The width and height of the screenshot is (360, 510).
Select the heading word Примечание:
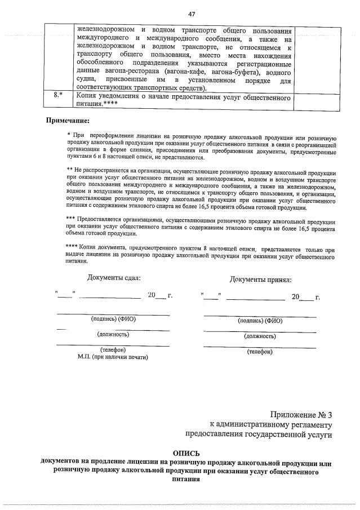coord(67,121)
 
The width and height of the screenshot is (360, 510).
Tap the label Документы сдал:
coord(114,277)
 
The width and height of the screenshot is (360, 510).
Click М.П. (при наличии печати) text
coord(113,357)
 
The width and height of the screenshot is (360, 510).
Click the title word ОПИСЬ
coord(186,453)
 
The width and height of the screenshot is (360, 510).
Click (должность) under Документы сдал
coord(113,334)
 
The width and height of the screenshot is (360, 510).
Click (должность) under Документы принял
coord(260,336)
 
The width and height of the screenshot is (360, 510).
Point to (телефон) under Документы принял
coord(260,352)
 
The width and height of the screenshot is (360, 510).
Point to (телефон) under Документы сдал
coord(113,349)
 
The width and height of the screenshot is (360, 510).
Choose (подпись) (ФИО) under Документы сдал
coord(113,319)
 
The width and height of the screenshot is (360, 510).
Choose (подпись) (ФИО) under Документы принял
coord(260,321)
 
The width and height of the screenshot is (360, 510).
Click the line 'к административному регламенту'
coord(270,424)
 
